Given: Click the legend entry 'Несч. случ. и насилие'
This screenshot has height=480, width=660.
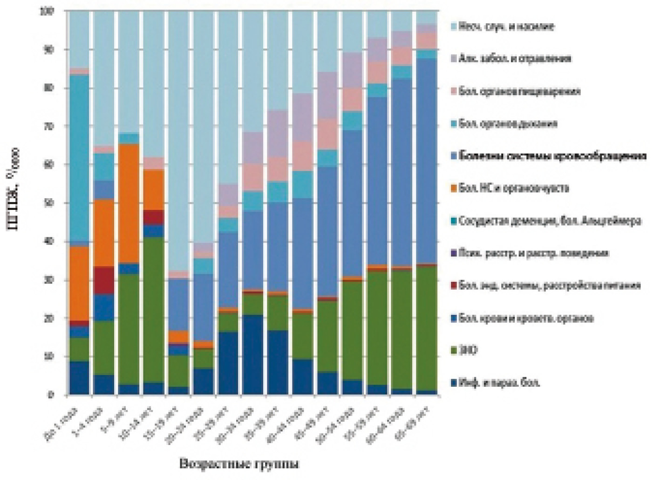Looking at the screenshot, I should tap(505, 26).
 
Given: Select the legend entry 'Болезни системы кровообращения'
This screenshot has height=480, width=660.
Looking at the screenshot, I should tap(552, 156).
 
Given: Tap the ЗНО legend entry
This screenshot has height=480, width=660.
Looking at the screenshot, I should tap(468, 350).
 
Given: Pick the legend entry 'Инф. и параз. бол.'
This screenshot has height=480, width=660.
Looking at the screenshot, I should tap(499, 383).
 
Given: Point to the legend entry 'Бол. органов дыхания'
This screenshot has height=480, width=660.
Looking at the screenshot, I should tap(508, 124).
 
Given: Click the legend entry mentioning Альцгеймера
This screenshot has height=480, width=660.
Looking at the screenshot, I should tap(550, 221).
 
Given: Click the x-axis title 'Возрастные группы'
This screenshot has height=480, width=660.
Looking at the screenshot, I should tap(239, 464).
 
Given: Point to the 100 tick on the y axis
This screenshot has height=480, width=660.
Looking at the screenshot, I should tap(48, 11).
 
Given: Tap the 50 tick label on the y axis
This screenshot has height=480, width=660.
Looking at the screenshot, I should tap(50, 203).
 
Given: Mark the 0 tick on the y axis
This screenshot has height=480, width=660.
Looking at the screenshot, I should tap(52, 395).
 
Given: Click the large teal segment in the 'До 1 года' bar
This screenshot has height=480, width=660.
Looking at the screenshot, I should tap(79, 159).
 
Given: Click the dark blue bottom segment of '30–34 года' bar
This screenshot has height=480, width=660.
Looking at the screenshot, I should tap(252, 355).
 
